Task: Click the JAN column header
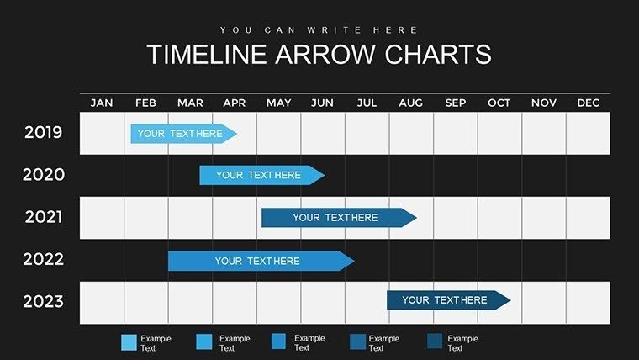[x=102, y=103]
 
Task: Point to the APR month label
[x=235, y=103]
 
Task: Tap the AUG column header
[x=411, y=103]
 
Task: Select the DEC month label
[x=589, y=103]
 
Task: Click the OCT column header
[x=499, y=103]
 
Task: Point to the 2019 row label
[x=44, y=133]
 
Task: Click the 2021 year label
[x=44, y=217]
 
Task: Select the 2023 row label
[x=44, y=300]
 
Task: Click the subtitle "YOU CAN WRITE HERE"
[x=319, y=29]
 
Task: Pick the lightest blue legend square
[x=129, y=342]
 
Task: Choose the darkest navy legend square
[x=435, y=341]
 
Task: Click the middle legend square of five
[x=279, y=341]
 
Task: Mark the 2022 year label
[x=44, y=259]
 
